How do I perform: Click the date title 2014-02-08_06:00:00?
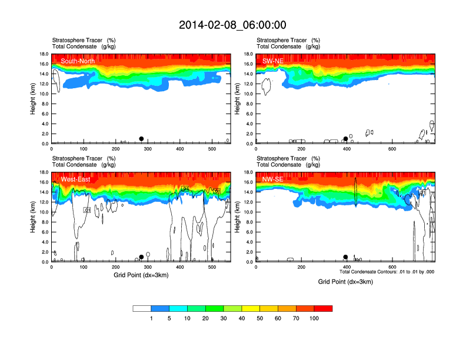click(232, 25)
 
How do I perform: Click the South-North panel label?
click(78, 61)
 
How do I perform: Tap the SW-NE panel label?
click(274, 61)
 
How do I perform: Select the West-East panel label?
click(75, 179)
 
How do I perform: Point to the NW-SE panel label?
click(273, 179)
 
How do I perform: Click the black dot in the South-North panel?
click(141, 139)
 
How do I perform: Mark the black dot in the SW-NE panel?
click(345, 139)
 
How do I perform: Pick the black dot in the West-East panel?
click(141, 257)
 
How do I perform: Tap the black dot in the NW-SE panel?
click(345, 257)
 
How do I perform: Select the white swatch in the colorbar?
click(142, 308)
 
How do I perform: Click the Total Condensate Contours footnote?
click(387, 272)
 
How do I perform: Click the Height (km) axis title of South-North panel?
click(34, 98)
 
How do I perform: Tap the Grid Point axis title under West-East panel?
click(141, 275)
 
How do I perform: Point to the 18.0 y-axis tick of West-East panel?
click(44, 172)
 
